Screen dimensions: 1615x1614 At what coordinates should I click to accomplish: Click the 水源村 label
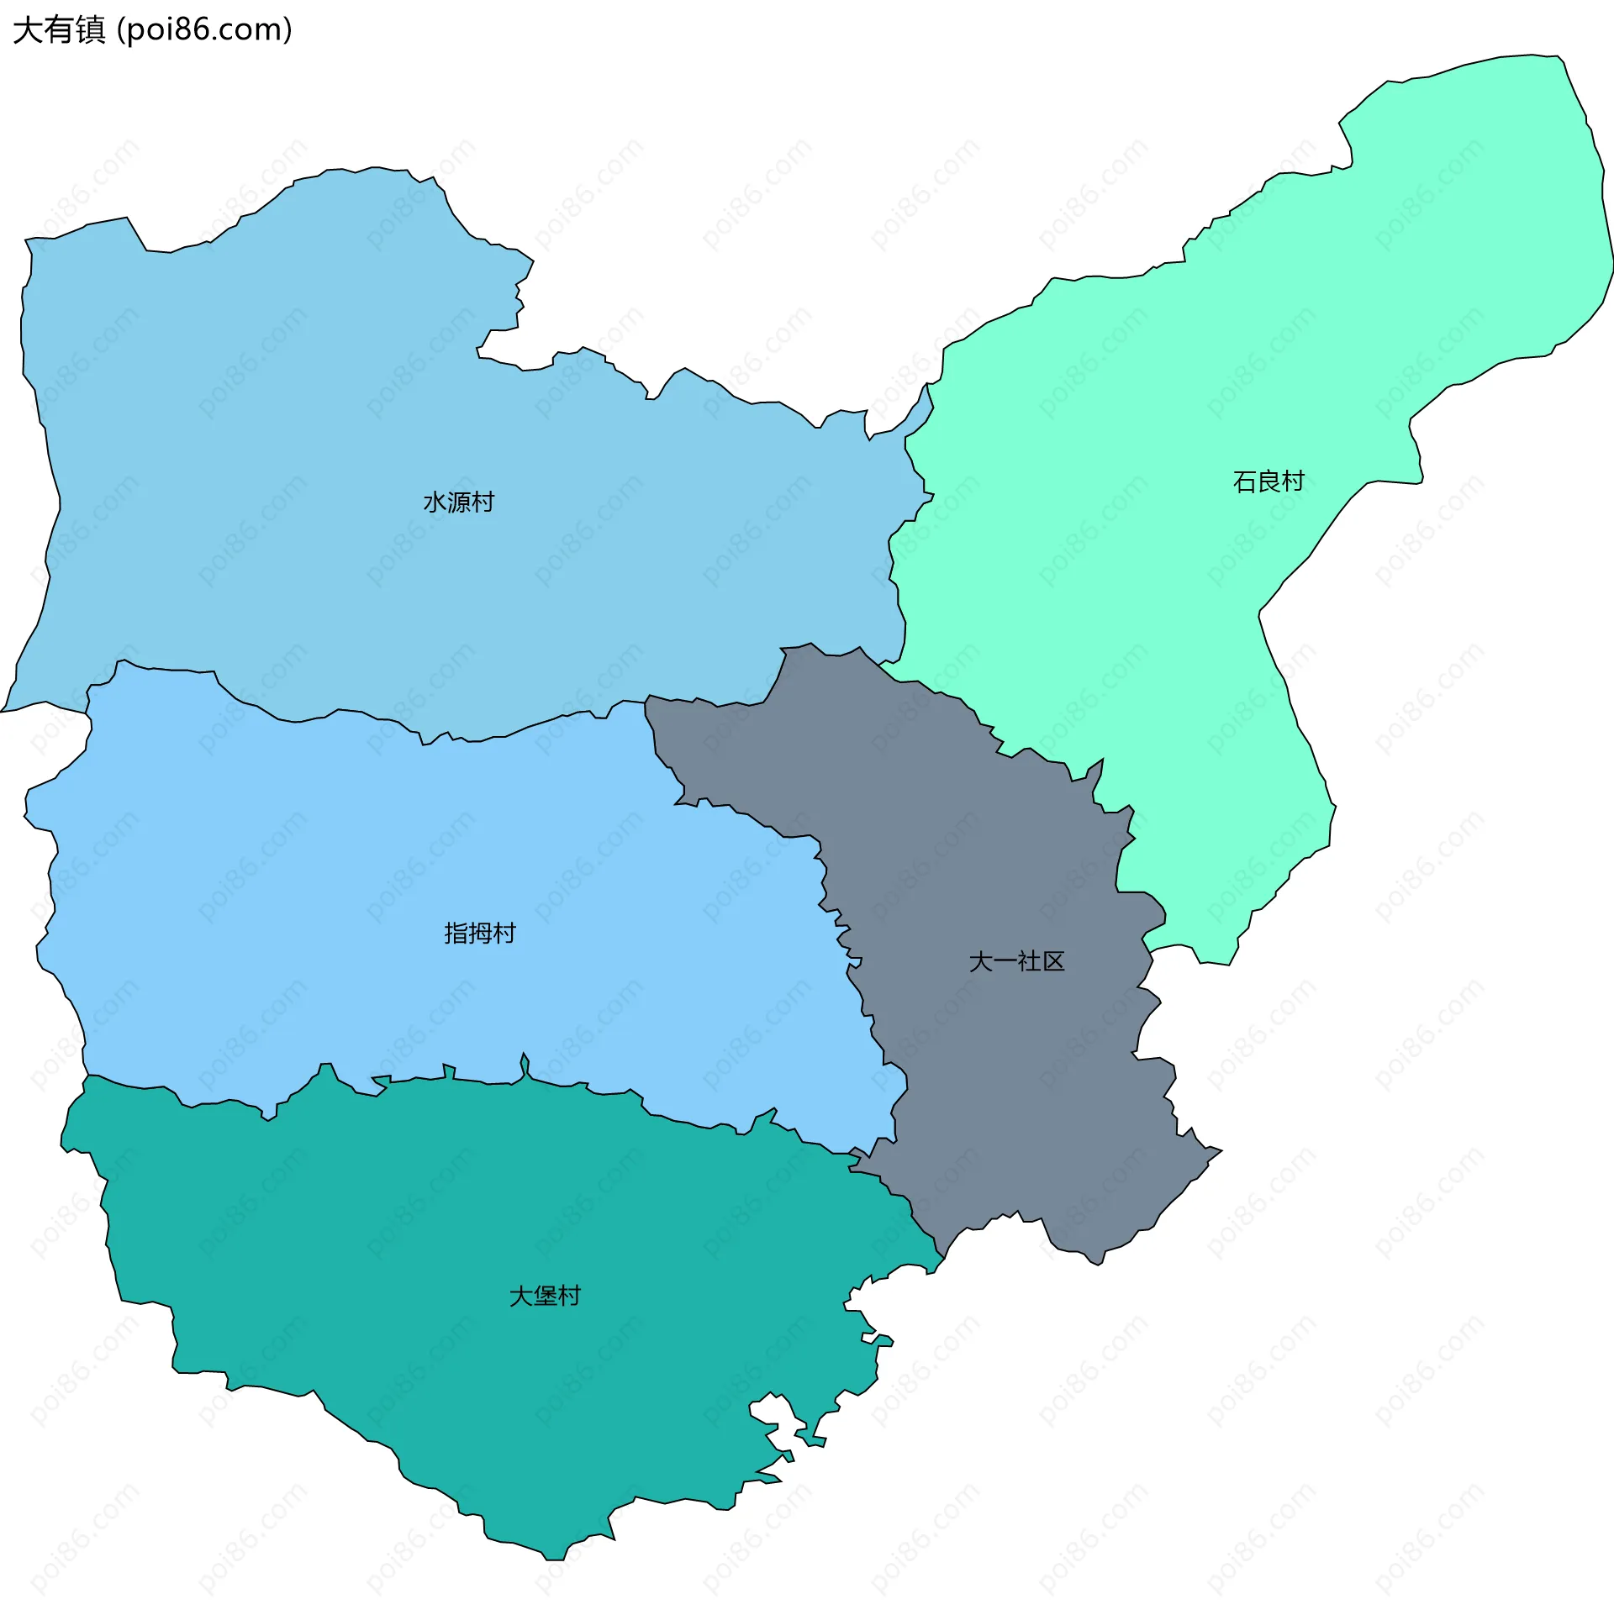[458, 502]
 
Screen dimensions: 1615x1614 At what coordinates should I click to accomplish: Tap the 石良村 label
[1268, 481]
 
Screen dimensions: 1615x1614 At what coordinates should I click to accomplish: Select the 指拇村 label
[479, 933]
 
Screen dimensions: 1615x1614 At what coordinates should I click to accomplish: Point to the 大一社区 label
[1016, 961]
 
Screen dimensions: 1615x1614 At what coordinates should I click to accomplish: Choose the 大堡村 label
[545, 1296]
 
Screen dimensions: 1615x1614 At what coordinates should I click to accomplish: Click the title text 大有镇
[59, 30]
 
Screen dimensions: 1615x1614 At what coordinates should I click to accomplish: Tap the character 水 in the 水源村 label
[435, 502]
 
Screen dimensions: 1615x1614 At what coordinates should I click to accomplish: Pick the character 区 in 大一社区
[1053, 961]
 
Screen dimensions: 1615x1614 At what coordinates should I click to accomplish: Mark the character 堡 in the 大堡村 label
[545, 1296]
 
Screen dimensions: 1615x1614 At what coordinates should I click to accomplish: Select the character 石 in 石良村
[1244, 481]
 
